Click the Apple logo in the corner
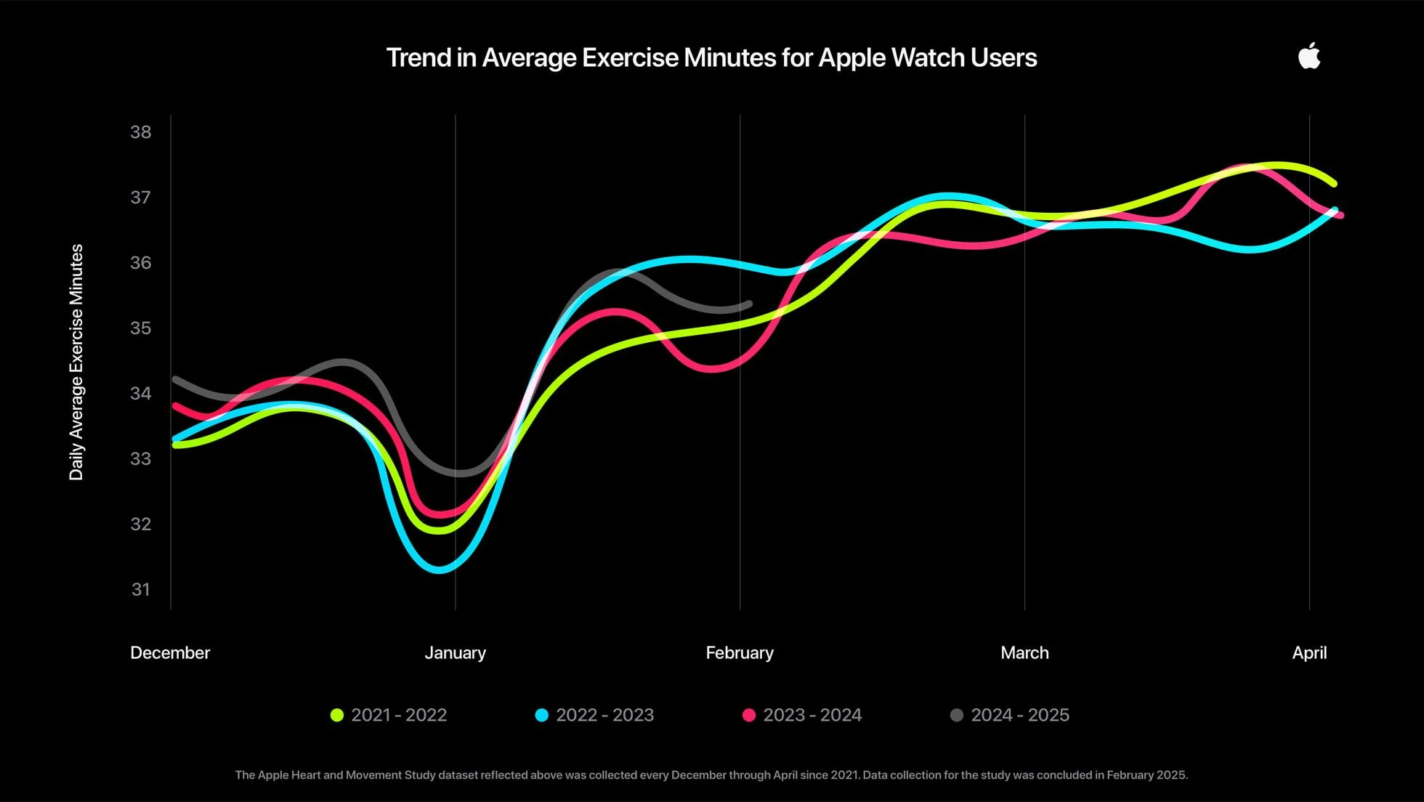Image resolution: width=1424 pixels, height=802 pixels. pos(1309,57)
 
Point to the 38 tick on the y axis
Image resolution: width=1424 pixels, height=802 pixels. pos(141,132)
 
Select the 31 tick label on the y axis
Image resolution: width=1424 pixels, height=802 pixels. pos(141,590)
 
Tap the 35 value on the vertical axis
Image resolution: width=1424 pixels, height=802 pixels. pos(141,328)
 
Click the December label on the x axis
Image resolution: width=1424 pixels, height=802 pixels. pos(170,652)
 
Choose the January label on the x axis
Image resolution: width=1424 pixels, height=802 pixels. pos(455,652)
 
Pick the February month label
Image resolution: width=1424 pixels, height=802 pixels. pos(740,652)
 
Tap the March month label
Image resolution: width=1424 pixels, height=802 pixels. pos(1024,652)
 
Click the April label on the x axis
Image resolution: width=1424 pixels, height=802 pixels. pos(1309,652)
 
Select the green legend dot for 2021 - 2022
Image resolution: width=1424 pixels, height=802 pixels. pos(337,715)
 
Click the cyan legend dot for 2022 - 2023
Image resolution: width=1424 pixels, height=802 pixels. pos(541,715)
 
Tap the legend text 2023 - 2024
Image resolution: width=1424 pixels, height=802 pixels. pos(812,715)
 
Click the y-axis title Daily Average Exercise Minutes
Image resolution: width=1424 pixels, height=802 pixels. pos(76,362)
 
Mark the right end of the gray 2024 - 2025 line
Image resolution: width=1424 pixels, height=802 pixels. pos(749,304)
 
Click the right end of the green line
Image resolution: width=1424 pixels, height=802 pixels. pos(1334,183)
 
